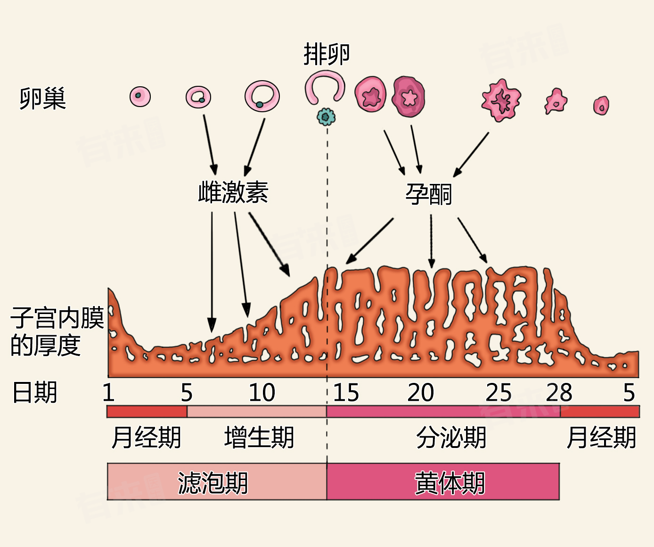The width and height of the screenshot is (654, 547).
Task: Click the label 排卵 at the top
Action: (327, 54)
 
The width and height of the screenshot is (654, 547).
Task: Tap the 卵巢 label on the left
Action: (42, 99)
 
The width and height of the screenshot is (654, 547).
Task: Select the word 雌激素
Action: (233, 192)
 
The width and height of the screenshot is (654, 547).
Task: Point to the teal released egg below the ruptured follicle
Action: (326, 116)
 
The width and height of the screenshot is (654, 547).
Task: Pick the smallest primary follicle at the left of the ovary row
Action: (140, 97)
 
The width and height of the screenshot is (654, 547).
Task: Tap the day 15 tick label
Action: (346, 392)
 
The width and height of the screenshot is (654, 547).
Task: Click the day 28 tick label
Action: (559, 392)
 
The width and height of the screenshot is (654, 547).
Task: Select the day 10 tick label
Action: (262, 392)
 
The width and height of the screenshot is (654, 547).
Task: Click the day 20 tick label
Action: (421, 392)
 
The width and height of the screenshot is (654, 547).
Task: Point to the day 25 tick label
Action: (499, 392)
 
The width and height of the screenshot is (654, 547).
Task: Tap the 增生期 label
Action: (259, 437)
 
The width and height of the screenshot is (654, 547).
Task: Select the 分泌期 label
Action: (451, 437)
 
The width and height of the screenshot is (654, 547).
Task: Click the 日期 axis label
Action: (35, 392)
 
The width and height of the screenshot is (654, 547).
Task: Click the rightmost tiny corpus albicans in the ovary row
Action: (601, 106)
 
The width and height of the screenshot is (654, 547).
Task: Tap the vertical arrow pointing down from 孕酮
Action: (431, 240)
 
